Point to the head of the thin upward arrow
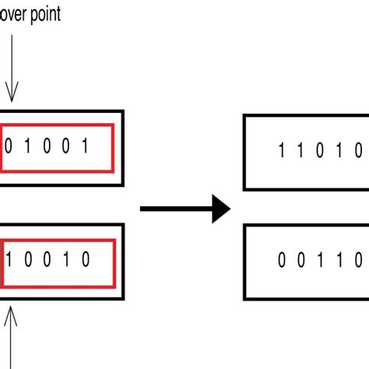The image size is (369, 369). point(11,315)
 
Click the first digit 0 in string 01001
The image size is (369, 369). point(9,146)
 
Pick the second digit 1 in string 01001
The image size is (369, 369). point(28,146)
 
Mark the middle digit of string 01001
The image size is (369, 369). point(47,146)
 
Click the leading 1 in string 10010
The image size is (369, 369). point(9,259)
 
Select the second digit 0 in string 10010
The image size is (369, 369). point(28,259)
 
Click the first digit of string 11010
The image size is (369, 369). point(282,151)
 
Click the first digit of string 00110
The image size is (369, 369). point(282,262)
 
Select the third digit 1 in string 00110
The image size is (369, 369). point(320,262)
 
